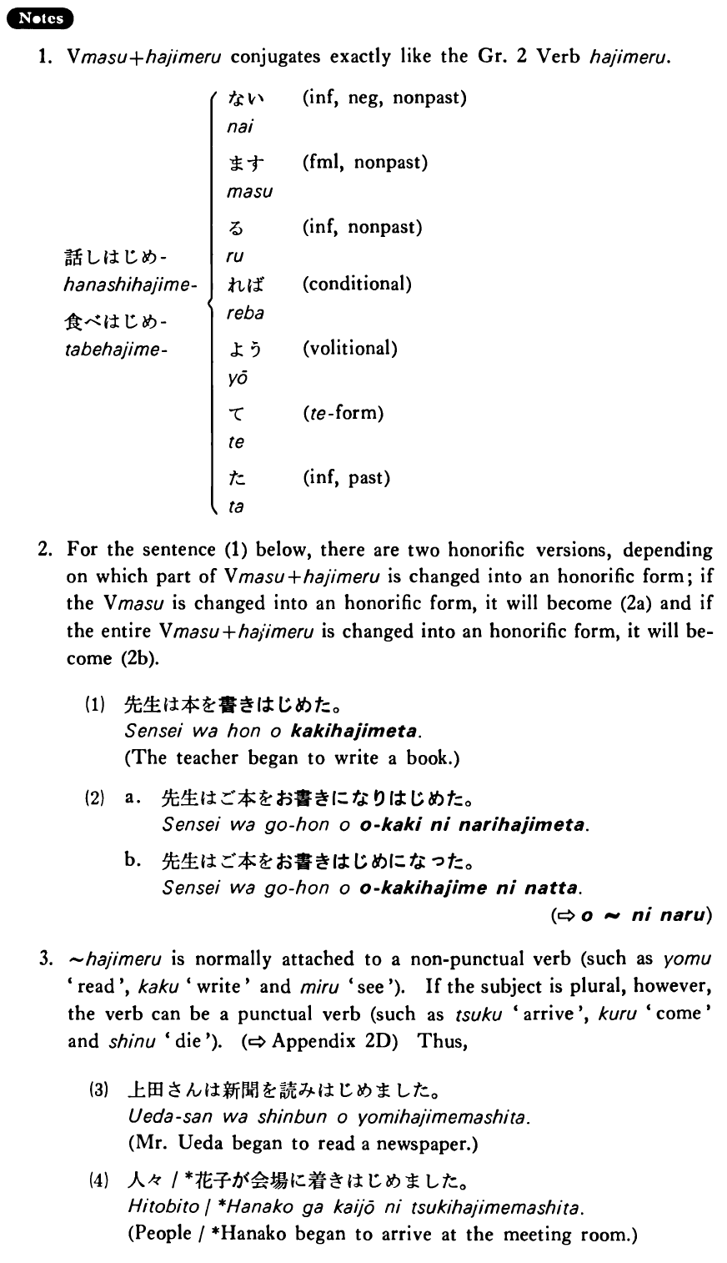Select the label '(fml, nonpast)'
pos(364,163)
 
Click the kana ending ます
pos(242,163)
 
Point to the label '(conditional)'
pos(357,284)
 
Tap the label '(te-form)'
pos(342,413)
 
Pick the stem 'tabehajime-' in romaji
pos(117,350)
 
